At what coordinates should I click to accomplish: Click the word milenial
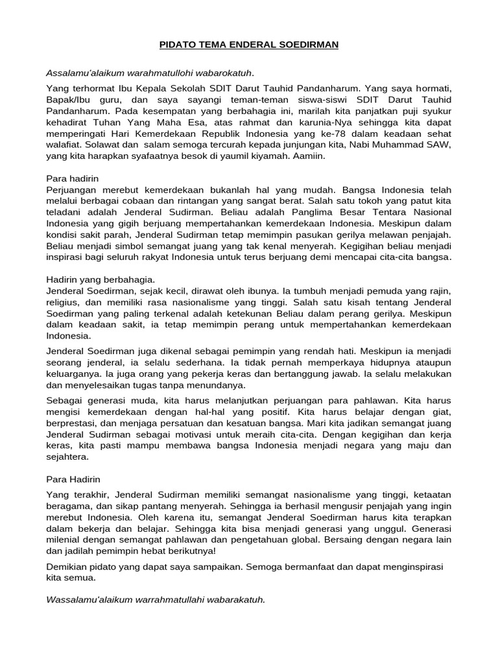(x=67, y=539)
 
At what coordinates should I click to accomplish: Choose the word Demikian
(x=68, y=567)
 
